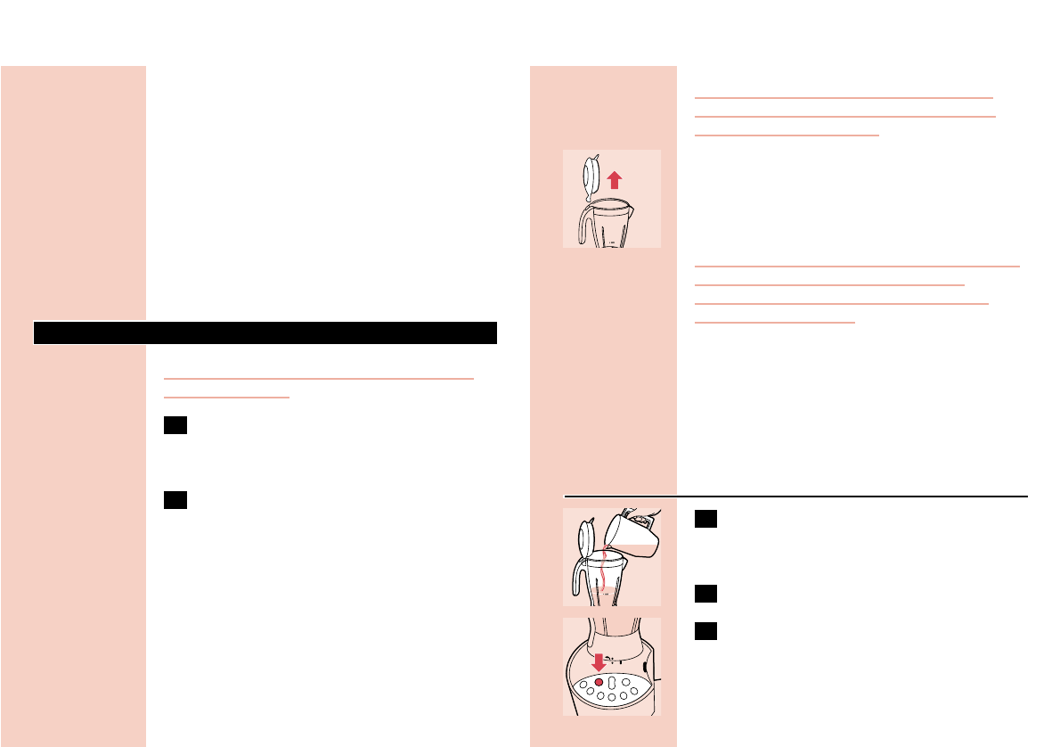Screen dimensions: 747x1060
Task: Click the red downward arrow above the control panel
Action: click(599, 661)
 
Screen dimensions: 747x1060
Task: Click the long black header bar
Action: click(265, 332)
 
